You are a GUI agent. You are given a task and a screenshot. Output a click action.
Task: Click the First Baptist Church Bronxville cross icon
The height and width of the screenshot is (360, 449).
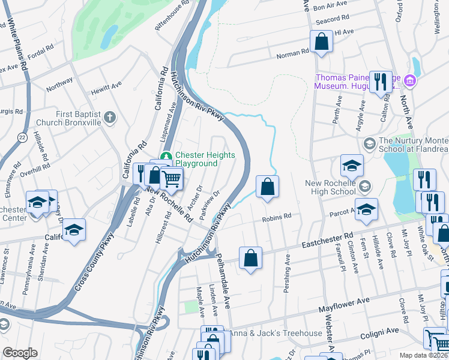coord(109,118)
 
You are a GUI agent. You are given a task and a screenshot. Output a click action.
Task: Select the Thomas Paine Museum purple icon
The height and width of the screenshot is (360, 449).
coord(410,80)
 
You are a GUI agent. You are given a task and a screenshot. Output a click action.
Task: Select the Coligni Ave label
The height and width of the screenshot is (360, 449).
coord(380,331)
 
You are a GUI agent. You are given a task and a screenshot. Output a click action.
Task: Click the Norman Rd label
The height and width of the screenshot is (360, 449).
coord(292,52)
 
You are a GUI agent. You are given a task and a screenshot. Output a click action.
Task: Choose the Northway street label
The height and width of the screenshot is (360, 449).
coord(59,84)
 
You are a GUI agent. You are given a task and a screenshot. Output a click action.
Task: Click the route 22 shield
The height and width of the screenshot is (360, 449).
coord(22,137)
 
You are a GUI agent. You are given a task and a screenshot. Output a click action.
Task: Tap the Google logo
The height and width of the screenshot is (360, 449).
coord(20,353)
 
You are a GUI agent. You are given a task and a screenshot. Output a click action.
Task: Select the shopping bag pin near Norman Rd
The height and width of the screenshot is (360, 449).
coord(321,42)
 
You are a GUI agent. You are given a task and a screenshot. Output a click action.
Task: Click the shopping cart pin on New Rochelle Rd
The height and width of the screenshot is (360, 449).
coord(172,178)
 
